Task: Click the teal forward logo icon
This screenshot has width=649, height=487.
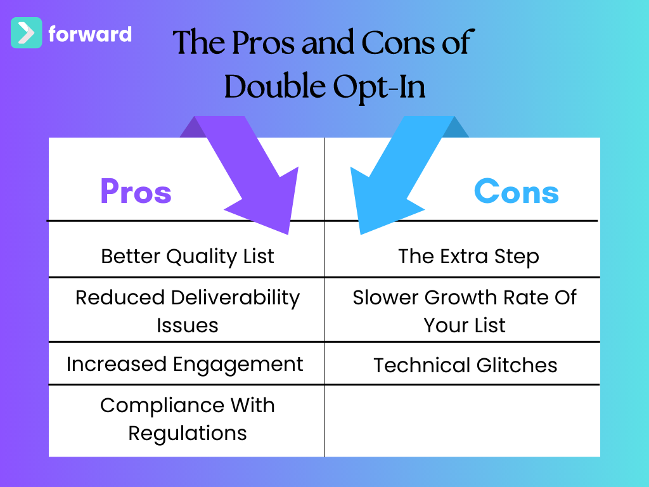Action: [26, 33]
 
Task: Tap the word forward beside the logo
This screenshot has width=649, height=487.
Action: [90, 34]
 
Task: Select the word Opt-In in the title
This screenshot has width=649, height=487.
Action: [379, 88]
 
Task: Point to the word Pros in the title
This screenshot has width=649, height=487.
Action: [264, 42]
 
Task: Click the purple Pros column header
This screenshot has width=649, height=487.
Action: [136, 192]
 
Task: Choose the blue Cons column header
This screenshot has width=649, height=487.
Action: [516, 192]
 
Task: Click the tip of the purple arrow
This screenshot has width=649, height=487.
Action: [288, 234]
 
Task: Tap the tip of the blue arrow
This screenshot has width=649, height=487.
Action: [361, 234]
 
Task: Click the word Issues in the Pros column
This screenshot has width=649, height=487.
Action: [188, 325]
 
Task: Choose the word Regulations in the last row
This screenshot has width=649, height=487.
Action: [188, 434]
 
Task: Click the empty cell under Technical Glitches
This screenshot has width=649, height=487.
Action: [462, 421]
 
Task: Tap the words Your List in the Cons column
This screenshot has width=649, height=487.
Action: [465, 325]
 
